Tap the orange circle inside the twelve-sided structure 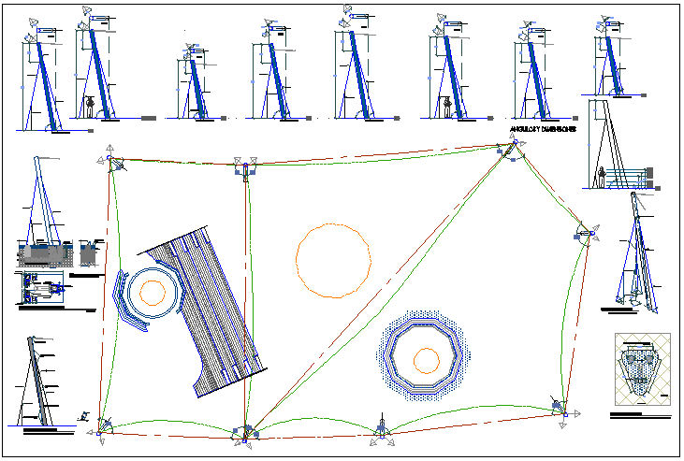pos(427,359)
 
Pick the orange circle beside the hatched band pos(152,292)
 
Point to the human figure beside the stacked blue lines pos(601,176)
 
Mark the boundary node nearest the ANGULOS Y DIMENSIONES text pos(513,147)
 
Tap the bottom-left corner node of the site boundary pos(101,430)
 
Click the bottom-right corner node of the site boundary pos(560,407)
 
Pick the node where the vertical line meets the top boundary pos(246,169)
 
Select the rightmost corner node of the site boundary pos(587,233)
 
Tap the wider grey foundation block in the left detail pos(43,252)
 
